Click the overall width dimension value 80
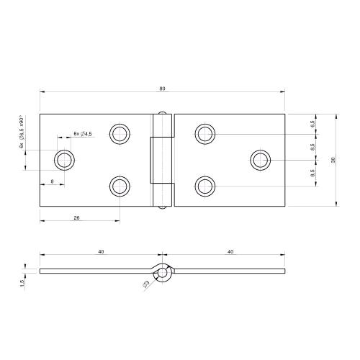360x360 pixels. click(163, 88)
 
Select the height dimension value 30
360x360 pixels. click(333, 159)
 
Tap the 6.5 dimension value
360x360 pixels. click(312, 124)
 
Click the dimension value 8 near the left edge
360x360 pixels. click(53, 181)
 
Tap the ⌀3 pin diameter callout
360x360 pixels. click(146, 286)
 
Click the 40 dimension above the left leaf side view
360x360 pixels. click(101, 251)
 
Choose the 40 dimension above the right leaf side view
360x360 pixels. click(229, 251)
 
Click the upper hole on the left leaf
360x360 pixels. click(120, 133)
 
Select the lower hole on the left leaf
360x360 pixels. click(120, 186)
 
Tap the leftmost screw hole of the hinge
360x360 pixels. click(64, 160)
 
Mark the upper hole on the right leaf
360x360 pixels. click(205, 133)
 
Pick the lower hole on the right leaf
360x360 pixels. click(205, 186)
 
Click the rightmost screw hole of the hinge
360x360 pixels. click(261, 160)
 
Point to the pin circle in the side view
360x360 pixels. click(164, 273)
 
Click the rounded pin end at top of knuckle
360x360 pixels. click(163, 112)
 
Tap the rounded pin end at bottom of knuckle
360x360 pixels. click(163, 207)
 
